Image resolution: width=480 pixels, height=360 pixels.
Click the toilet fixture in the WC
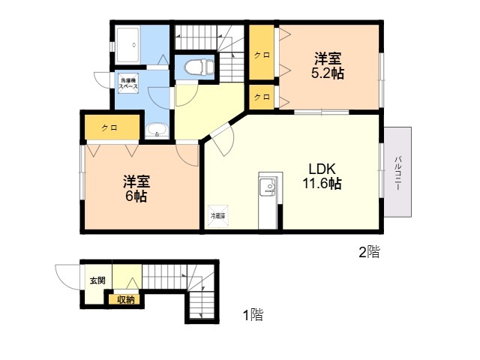[x=199, y=67]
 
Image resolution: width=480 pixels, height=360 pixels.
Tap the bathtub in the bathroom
[x=128, y=44]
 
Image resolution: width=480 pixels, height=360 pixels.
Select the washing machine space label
[x=128, y=83]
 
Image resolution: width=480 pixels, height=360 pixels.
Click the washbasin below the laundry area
[x=157, y=130]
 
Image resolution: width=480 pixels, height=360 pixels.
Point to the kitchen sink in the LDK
[x=268, y=186]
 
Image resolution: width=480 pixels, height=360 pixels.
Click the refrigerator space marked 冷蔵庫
[x=217, y=216]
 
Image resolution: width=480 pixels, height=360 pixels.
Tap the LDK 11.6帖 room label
[x=322, y=176]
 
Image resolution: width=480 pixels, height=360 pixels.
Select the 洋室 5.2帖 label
[x=328, y=66]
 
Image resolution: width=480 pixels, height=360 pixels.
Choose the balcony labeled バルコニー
[x=397, y=172]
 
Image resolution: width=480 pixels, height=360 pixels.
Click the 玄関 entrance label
[x=97, y=280]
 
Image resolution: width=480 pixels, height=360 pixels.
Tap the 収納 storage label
[x=126, y=299]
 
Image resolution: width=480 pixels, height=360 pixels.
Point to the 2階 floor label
[x=369, y=252]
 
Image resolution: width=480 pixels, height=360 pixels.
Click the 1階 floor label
[x=253, y=315]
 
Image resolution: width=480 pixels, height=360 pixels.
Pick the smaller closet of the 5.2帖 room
[x=261, y=97]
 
